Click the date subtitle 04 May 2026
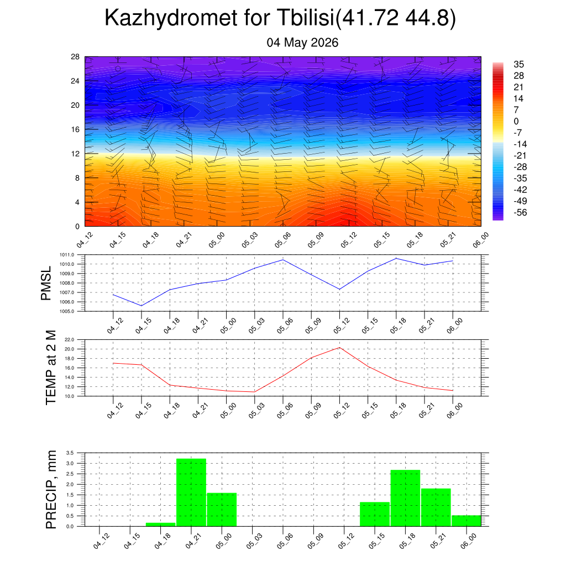tap(302, 43)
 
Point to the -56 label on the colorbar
tap(520, 213)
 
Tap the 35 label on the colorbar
tap(518, 64)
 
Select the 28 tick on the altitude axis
tap(75, 57)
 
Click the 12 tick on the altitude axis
tap(75, 154)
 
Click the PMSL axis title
tap(46, 284)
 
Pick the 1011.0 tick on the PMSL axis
tap(67, 255)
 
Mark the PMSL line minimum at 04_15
tap(141, 306)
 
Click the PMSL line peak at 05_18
tap(396, 259)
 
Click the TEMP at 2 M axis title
tap(51, 368)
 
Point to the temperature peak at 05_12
tap(340, 348)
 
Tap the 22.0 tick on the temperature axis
tap(69, 340)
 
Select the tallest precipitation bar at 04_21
tap(191, 492)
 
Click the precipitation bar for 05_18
tap(405, 498)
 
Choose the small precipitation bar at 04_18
tap(161, 525)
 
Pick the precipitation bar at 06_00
tap(467, 521)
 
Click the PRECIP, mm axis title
tap(51, 490)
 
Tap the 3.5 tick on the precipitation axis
tap(70, 453)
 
